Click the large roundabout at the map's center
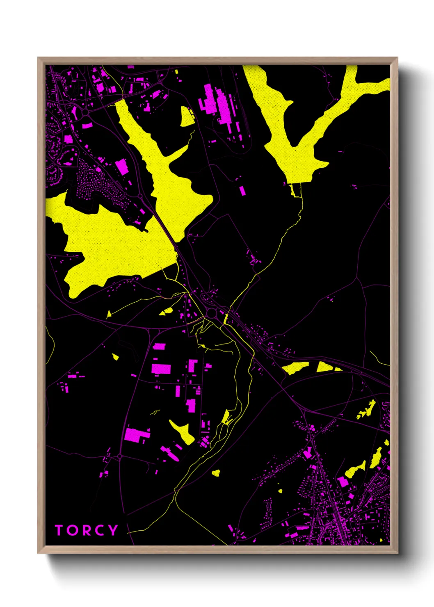coord(212,313)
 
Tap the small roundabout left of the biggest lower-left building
coord(119,456)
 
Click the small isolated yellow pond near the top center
coord(187,117)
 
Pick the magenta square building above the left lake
coord(121,167)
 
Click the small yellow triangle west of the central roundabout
coord(109,315)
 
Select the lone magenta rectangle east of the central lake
coord(242,190)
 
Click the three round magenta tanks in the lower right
coord(312,428)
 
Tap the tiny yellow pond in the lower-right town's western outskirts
coord(280,491)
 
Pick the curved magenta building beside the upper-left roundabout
coord(87,126)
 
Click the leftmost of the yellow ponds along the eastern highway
coord(295,367)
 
